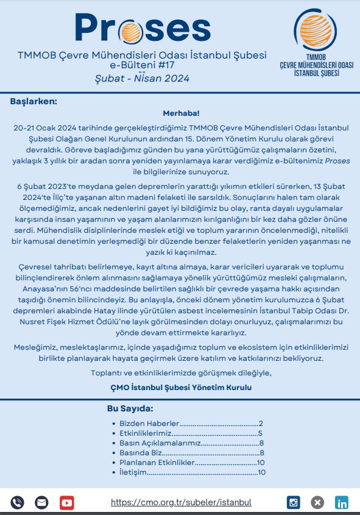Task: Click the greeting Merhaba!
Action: coord(181,113)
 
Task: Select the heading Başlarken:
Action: coord(34,101)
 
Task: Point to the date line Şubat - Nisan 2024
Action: coord(142,78)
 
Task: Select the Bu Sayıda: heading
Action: coord(130,408)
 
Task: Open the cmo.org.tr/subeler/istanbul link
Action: coord(181,503)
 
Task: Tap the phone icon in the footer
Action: coord(17,503)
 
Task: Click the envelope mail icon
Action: coord(41,503)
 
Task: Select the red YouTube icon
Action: coord(66,503)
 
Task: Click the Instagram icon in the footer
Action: coord(294,503)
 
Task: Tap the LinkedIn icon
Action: coord(342,503)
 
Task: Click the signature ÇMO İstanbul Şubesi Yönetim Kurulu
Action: coord(180,387)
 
